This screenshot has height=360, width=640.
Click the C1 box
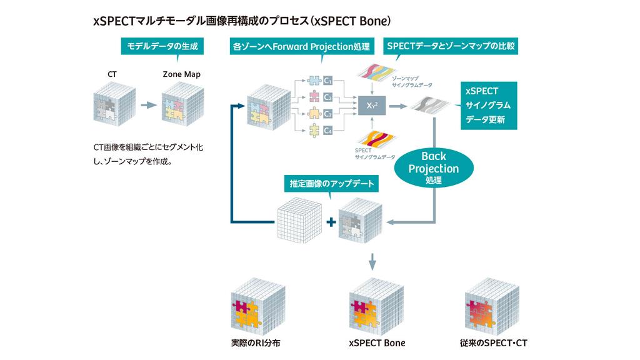point(328,81)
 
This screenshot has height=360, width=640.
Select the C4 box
point(328,130)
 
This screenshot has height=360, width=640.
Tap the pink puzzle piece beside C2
point(314,97)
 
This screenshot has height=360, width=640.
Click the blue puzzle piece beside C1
point(314,81)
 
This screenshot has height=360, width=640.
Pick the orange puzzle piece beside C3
point(314,114)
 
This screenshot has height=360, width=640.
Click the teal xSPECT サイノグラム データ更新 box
point(488,105)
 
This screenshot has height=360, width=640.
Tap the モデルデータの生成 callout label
point(154,46)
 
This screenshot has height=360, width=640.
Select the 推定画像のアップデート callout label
point(331,184)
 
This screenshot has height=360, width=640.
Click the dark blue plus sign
point(331,222)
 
